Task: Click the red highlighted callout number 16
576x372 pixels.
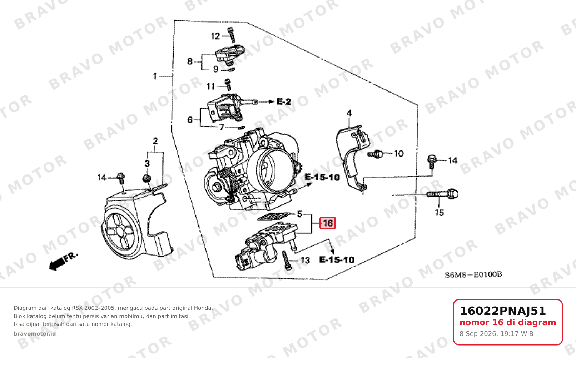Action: tap(328, 223)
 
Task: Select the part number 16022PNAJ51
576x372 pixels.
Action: tap(502, 311)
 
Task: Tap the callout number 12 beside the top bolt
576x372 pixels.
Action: tap(215, 36)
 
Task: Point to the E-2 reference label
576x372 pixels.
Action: tap(284, 102)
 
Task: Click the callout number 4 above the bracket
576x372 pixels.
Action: tap(349, 113)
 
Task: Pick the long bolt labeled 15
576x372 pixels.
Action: tap(442, 194)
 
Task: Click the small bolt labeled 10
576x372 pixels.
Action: tap(376, 154)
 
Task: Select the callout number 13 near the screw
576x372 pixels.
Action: tap(305, 260)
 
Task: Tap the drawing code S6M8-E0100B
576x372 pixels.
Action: tap(473, 275)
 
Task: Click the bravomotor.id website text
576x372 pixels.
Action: tap(35, 334)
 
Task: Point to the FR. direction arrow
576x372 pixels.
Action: tap(63, 262)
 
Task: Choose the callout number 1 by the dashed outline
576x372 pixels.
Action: tap(155, 76)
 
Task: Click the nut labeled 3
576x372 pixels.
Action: tap(147, 178)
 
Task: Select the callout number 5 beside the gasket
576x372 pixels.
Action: tap(299, 214)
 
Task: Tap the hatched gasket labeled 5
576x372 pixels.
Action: tap(276, 216)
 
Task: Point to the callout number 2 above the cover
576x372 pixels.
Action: tap(155, 141)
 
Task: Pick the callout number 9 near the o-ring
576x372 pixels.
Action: tap(216, 69)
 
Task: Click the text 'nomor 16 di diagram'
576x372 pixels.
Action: tap(508, 322)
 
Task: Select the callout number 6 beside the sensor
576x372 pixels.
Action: tap(190, 120)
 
